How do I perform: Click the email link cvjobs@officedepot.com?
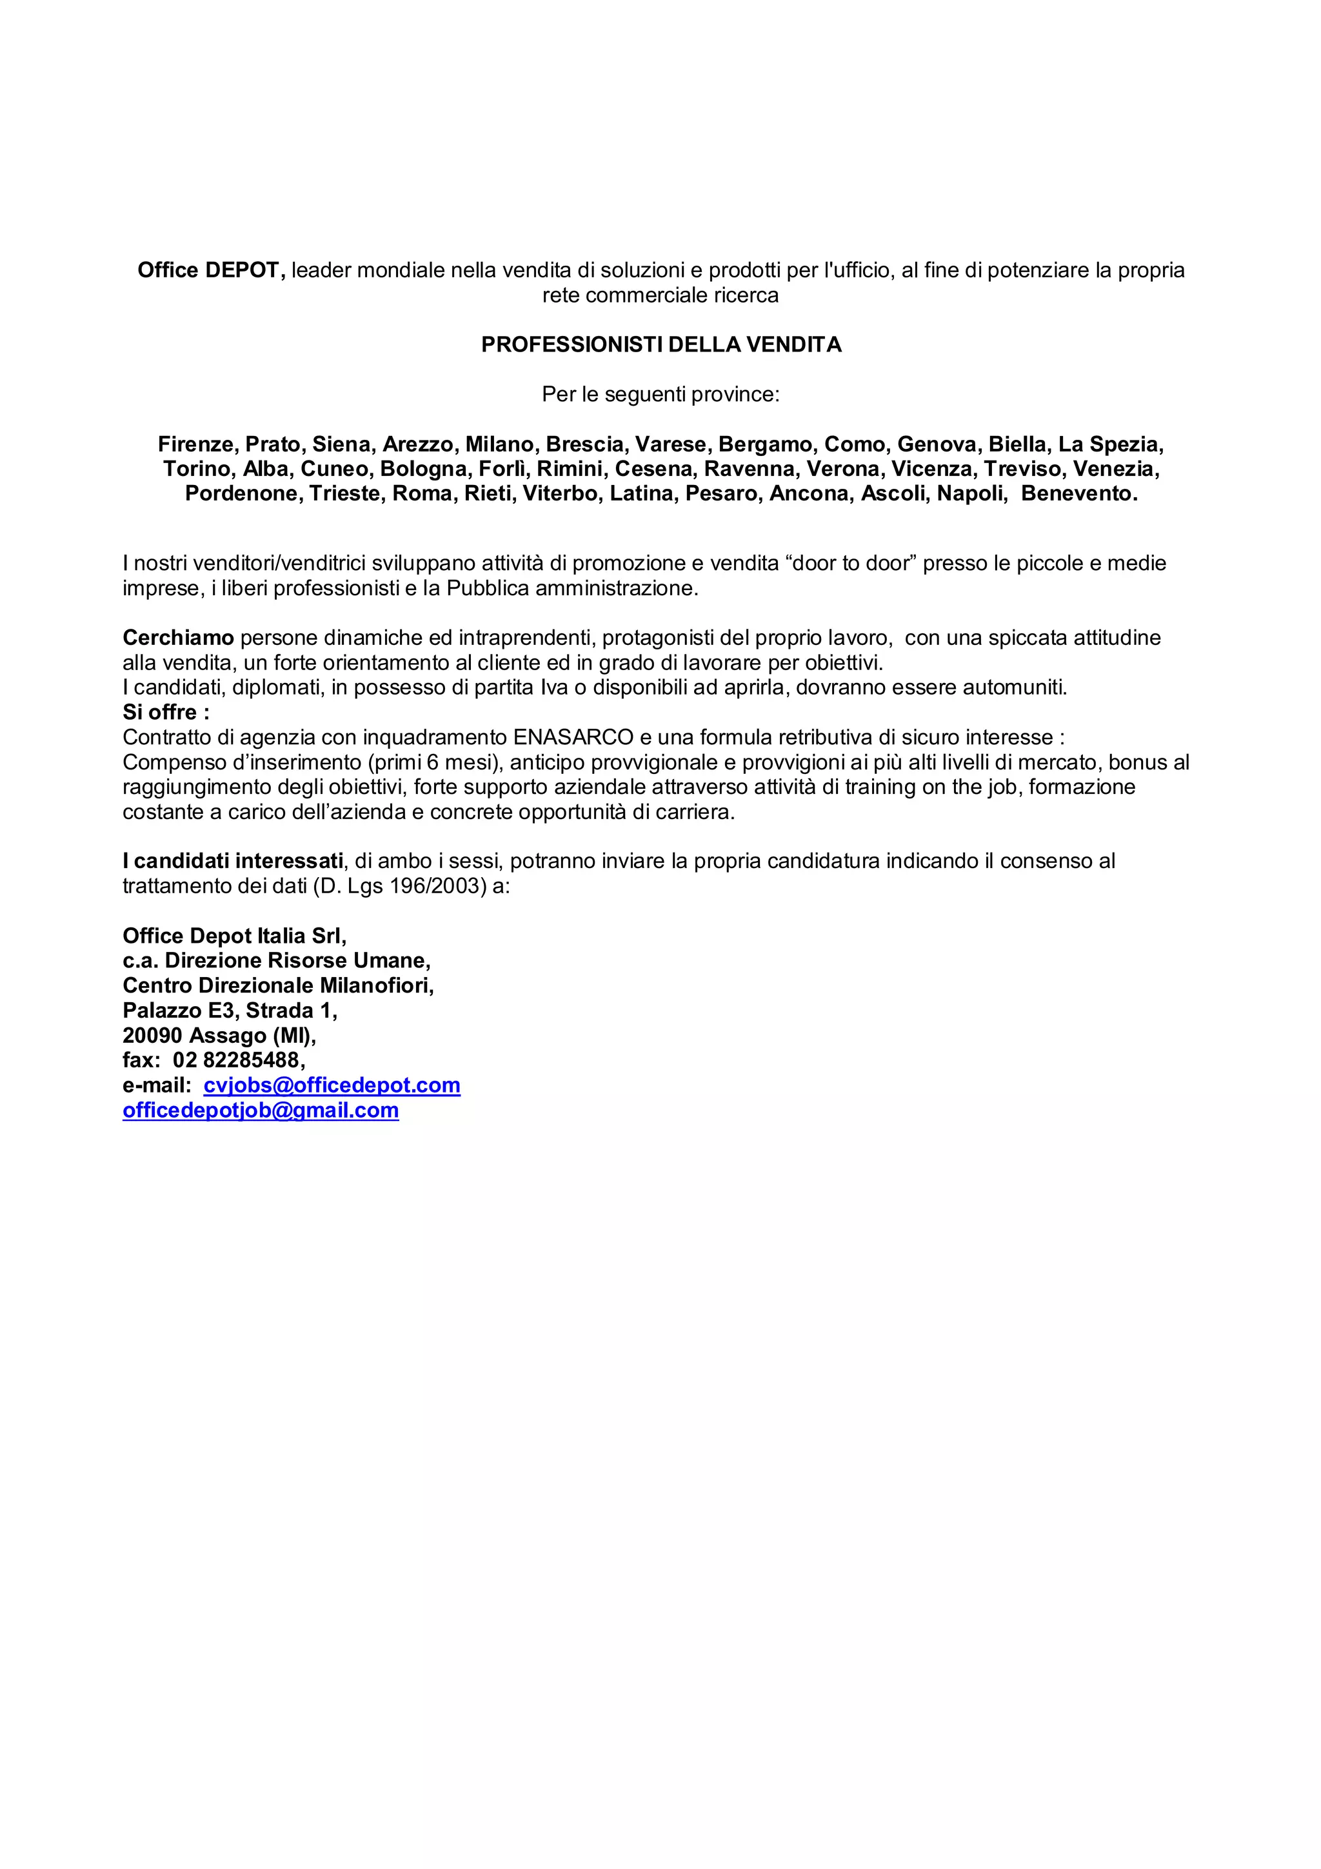(332, 1085)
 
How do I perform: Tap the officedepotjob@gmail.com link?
(261, 1111)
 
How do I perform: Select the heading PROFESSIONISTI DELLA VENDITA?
(661, 345)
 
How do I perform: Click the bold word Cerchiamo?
(178, 638)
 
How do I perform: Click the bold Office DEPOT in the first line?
(208, 270)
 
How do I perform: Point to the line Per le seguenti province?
(660, 395)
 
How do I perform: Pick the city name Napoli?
(971, 494)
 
